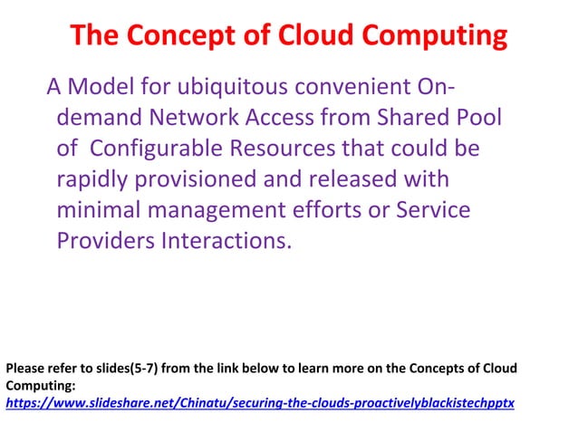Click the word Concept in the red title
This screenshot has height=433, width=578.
point(167,36)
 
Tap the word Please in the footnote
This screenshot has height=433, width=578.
point(24,369)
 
